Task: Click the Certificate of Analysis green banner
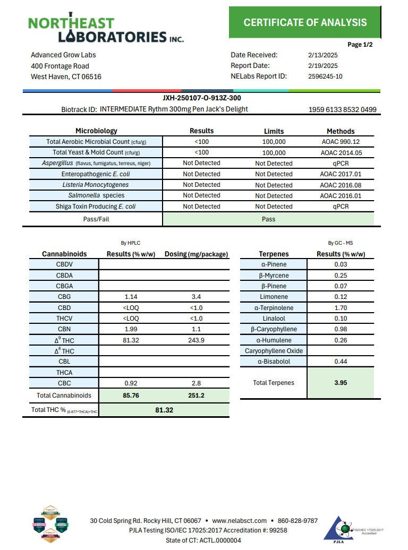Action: (305, 22)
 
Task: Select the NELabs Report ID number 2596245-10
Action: (325, 76)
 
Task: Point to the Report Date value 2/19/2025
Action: (322, 66)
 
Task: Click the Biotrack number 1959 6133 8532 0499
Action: (342, 110)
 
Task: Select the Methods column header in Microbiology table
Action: (341, 131)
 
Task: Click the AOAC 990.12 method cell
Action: (341, 142)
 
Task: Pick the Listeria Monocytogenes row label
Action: (96, 185)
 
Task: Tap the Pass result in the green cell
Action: (268, 219)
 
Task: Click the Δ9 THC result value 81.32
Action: (131, 340)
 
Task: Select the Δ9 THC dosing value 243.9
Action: (197, 340)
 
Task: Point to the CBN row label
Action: (64, 329)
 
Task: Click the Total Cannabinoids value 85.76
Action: (131, 396)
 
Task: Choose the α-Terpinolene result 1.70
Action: (341, 307)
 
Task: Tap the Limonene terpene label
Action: (274, 297)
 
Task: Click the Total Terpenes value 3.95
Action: (341, 383)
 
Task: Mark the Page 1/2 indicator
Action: (360, 45)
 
